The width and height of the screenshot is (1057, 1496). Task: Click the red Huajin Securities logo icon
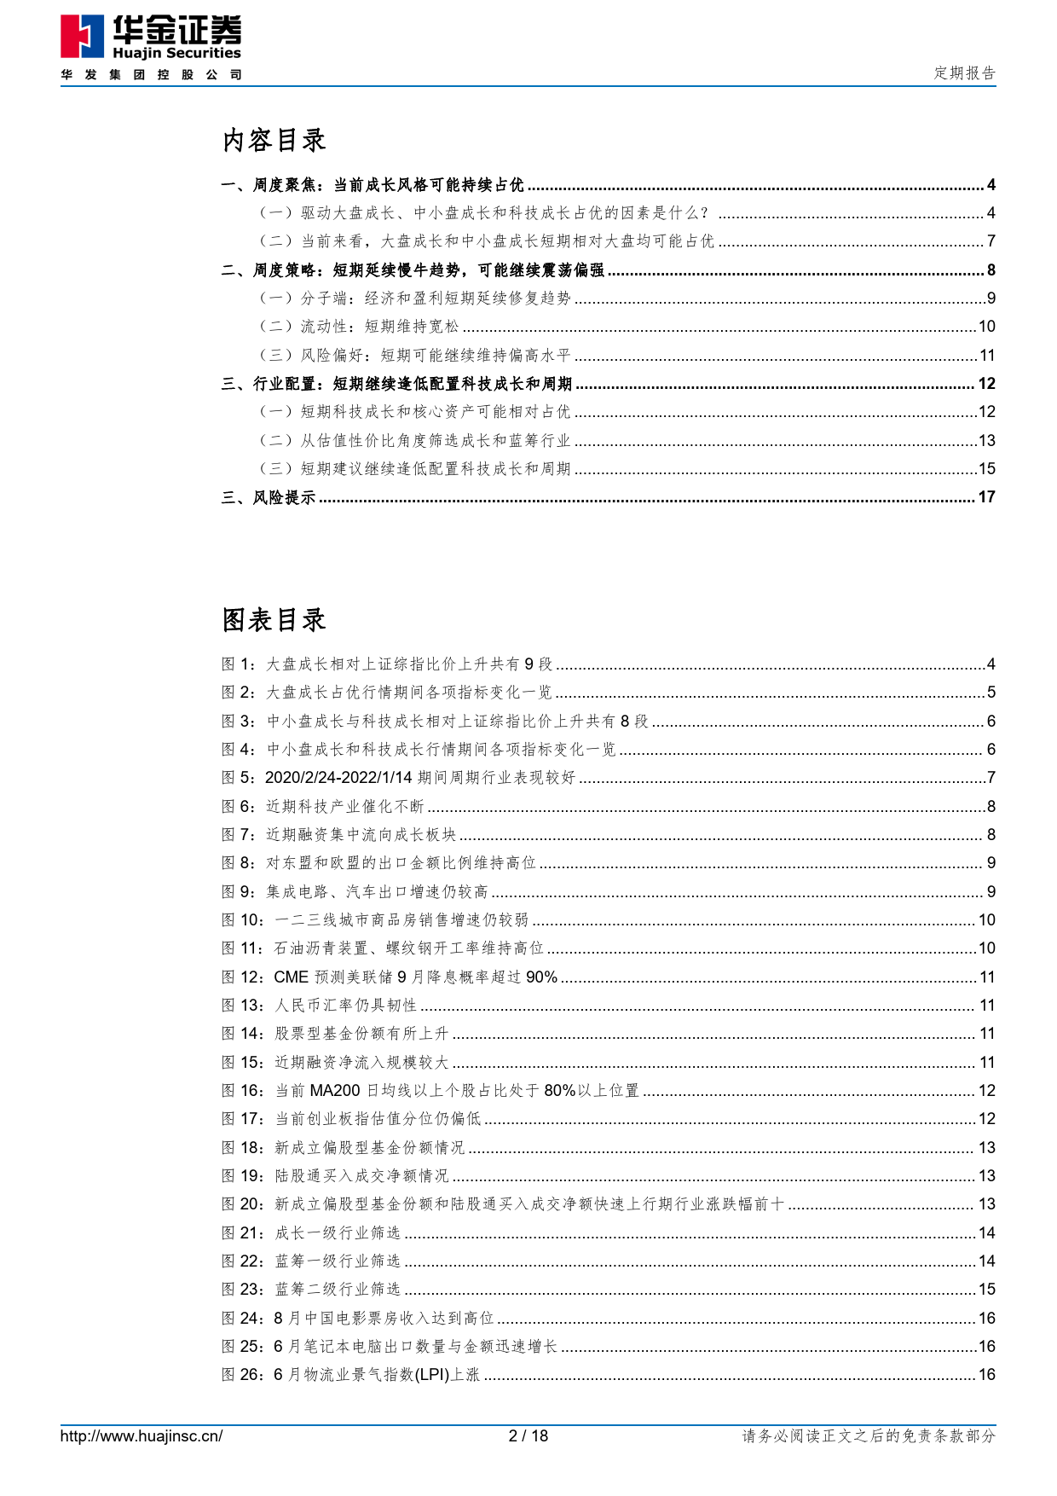[x=82, y=39]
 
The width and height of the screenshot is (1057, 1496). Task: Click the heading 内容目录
[x=274, y=141]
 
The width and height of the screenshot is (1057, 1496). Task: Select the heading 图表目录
[x=274, y=620]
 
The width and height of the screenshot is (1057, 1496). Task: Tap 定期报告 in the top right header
[x=964, y=73]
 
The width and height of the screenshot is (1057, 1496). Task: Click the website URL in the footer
[x=142, y=1436]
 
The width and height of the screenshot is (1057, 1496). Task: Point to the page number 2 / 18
[x=528, y=1436]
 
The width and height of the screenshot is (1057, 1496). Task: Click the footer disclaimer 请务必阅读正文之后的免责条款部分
[x=869, y=1436]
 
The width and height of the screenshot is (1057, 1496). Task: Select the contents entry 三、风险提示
[x=269, y=497]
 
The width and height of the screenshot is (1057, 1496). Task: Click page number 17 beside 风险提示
[x=986, y=497]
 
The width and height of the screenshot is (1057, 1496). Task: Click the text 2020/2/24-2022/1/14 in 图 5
[x=338, y=778]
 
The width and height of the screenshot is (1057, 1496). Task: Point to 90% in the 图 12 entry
[x=541, y=977]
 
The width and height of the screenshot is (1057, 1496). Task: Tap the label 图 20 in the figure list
[x=243, y=1204]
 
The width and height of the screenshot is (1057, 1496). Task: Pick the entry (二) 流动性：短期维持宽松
[x=359, y=327]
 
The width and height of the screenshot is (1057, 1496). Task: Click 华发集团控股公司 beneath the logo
[x=152, y=75]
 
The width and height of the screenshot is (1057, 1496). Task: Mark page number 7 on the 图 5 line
[x=991, y=778]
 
